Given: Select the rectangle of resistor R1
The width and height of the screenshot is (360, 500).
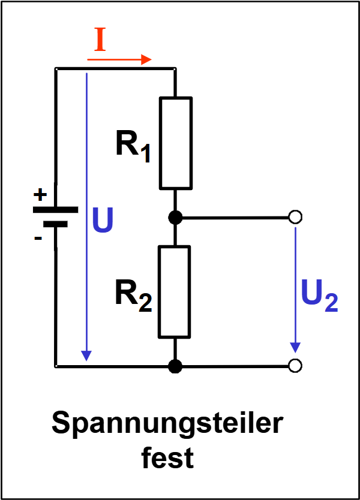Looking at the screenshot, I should click(x=175, y=143).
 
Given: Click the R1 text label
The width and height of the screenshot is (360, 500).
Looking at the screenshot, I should click(x=133, y=145).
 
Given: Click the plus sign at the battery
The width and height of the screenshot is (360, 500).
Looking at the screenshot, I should click(x=40, y=195).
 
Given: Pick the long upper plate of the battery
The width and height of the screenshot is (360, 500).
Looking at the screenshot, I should click(x=55, y=210).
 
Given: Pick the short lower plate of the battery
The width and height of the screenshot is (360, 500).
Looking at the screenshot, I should click(x=55, y=224).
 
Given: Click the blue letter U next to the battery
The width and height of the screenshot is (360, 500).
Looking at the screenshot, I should click(x=103, y=222).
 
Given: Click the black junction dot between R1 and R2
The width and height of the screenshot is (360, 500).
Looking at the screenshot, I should click(x=175, y=217).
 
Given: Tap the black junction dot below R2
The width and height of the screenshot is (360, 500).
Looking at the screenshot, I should click(x=175, y=366).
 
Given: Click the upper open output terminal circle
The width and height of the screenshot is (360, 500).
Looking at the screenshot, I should click(x=295, y=217).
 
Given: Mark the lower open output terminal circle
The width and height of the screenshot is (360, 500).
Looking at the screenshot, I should click(x=295, y=366).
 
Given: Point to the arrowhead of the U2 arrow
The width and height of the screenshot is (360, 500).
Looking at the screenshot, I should click(x=295, y=347).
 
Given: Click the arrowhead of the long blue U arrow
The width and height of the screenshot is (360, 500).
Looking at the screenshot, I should click(x=87, y=355).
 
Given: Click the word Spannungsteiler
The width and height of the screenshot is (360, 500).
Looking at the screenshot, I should click(x=167, y=424).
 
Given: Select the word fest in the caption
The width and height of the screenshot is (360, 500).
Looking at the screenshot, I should click(x=167, y=459).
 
